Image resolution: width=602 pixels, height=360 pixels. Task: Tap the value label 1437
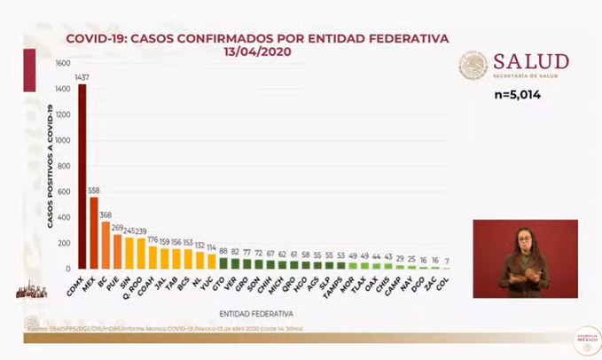pyautogui.click(x=82, y=77)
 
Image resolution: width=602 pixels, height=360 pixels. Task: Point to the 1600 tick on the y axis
pyautogui.click(x=62, y=64)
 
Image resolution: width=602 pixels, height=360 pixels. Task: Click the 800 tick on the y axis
pyautogui.click(x=63, y=166)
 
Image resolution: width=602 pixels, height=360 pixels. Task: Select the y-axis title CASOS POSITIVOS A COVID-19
pyautogui.click(x=51, y=166)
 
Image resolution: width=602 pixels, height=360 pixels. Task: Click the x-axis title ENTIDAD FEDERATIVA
pyautogui.click(x=256, y=312)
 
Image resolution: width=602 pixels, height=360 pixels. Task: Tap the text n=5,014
pyautogui.click(x=516, y=94)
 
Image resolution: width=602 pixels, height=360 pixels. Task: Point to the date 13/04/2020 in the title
pyautogui.click(x=258, y=51)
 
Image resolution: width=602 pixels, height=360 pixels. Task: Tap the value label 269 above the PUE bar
pyautogui.click(x=117, y=227)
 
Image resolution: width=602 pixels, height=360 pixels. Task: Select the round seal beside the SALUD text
pyautogui.click(x=473, y=66)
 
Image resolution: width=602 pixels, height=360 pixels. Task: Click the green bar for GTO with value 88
pyautogui.click(x=223, y=263)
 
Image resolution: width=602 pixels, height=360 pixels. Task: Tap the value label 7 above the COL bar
pyautogui.click(x=445, y=262)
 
